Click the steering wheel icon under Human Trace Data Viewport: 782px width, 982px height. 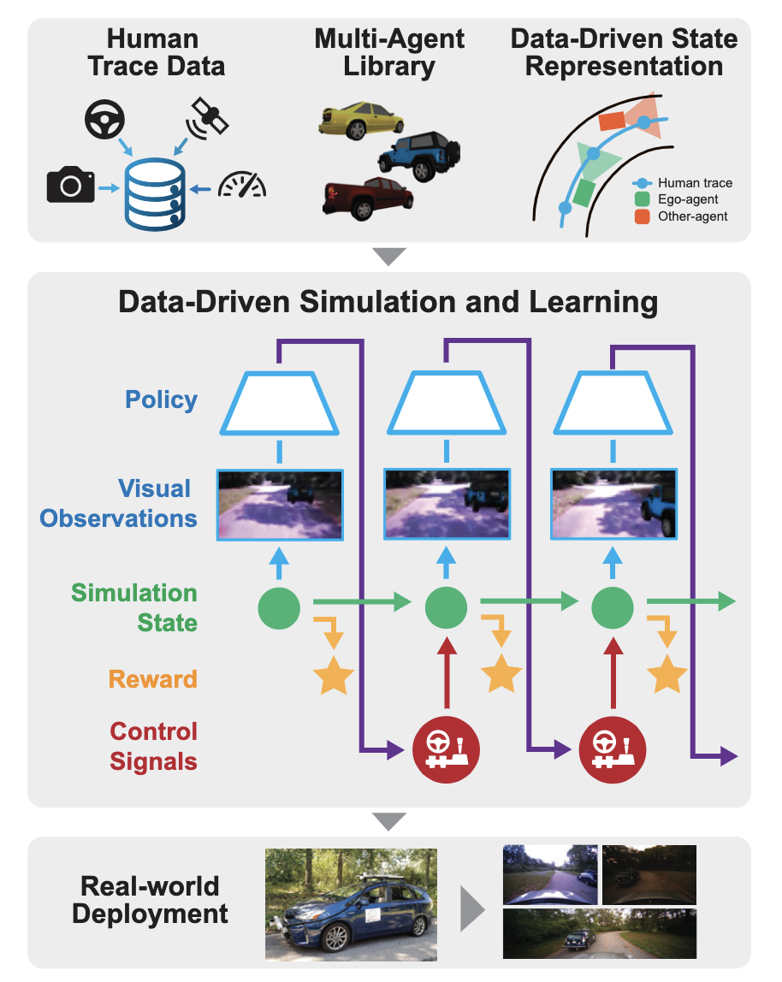[104, 119]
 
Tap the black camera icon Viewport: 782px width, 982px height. [71, 185]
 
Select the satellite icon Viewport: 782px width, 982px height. [208, 117]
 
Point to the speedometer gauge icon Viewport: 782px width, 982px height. [242, 185]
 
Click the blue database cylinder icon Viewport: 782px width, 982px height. [155, 194]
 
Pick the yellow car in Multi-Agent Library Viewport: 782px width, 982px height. [360, 120]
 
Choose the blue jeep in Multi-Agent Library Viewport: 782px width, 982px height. [419, 155]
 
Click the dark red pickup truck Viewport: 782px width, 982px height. [367, 198]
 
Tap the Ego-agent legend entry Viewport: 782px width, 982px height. [677, 199]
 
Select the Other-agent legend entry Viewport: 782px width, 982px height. [681, 216]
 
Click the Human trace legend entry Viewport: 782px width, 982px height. [683, 183]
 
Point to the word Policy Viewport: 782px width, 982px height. [161, 399]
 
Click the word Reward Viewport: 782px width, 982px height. [153, 679]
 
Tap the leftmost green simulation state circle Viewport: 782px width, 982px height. [279, 608]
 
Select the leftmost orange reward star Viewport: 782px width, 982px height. [334, 676]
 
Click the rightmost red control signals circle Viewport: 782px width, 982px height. [613, 749]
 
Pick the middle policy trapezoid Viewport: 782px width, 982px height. [446, 403]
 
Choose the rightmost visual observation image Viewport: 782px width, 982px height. [613, 504]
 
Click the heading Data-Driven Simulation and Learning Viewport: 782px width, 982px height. [388, 302]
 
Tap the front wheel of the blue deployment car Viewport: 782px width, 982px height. [336, 938]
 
